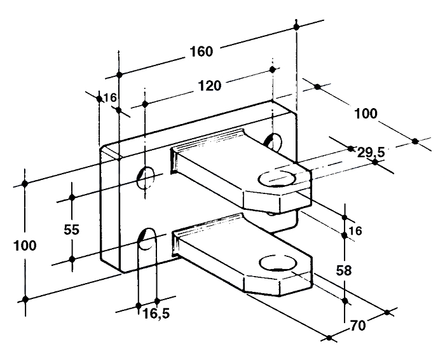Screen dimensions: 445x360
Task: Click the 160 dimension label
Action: [201, 52]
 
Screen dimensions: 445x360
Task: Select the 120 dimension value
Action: [209, 86]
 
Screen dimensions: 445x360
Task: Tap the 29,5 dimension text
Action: [371, 153]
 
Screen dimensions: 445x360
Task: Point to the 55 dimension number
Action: [71, 230]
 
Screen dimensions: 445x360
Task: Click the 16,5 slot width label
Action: [156, 314]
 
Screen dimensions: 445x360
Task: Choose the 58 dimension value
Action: [344, 270]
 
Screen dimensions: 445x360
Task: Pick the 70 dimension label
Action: [358, 326]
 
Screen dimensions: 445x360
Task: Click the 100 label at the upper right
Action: [366, 114]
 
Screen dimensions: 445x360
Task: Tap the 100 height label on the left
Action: [25, 246]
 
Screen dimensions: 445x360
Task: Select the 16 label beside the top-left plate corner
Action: [110, 98]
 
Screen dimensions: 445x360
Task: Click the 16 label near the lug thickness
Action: [355, 231]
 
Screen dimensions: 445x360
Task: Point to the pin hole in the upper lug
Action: [277, 179]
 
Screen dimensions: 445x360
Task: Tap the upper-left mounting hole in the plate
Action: [146, 178]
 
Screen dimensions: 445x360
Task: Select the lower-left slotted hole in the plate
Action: [147, 239]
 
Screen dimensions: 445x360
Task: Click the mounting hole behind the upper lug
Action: [273, 141]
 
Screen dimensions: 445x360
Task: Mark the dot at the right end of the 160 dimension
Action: [297, 27]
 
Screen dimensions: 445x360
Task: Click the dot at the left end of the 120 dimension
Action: [145, 104]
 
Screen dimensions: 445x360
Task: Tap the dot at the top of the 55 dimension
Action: [72, 197]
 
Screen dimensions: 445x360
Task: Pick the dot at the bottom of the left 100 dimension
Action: [25, 299]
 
